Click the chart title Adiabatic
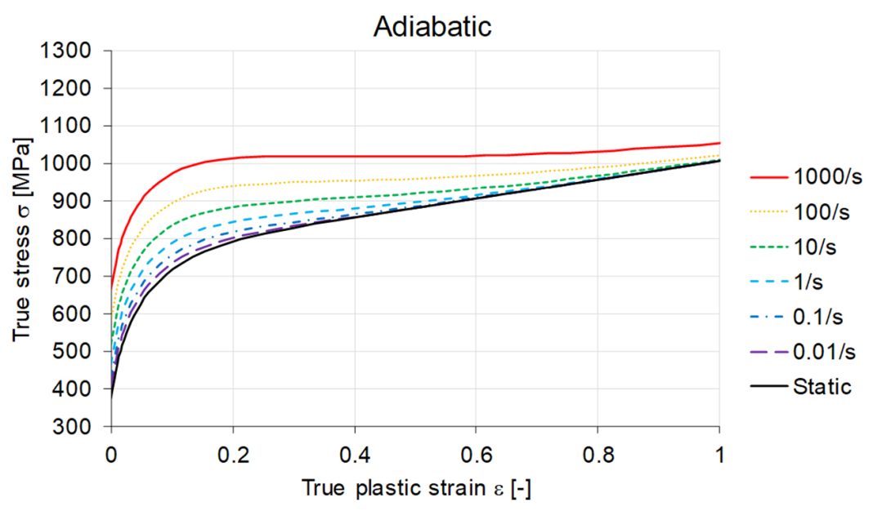432,26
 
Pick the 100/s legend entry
820,213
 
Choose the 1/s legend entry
808,282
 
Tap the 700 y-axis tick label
81,277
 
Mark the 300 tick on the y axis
81,427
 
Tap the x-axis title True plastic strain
416,489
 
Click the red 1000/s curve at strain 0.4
355,156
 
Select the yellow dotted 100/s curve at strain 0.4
355,180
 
